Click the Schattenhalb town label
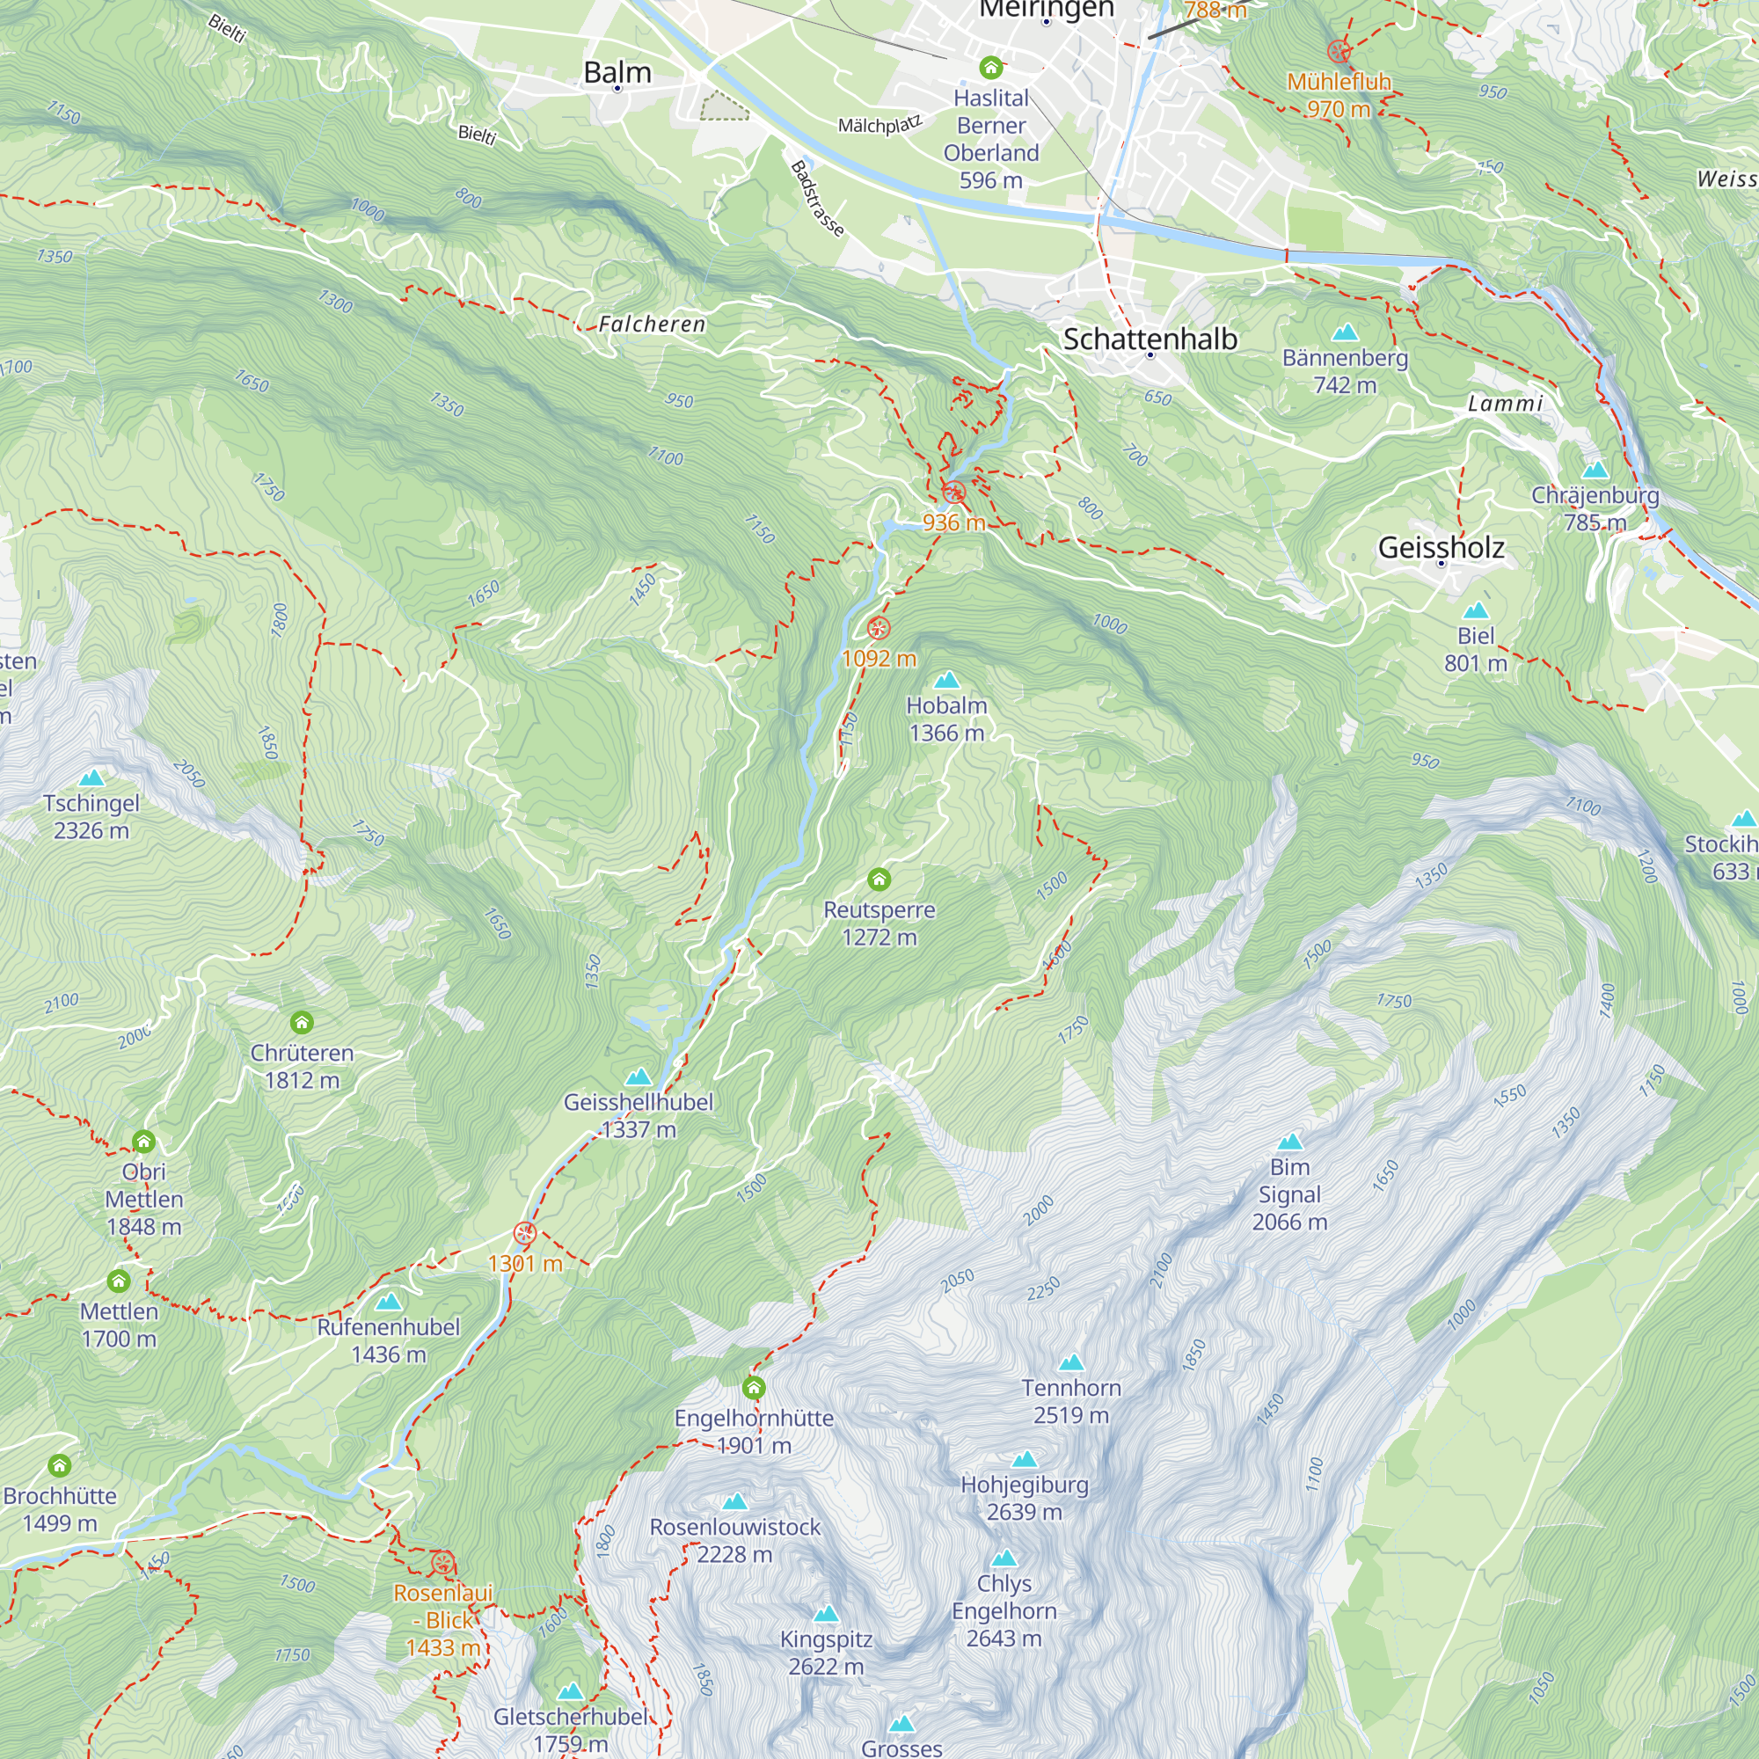1150,339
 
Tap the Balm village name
617,72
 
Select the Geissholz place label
1441,547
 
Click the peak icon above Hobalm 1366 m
947,680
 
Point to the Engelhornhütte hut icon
754,1388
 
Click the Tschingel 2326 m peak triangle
91,777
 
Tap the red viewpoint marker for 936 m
953,493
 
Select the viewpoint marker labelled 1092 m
878,628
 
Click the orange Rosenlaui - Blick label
442,1620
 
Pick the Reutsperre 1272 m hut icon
879,879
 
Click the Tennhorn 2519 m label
1070,1401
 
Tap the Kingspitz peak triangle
826,1614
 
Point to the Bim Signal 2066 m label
1289,1193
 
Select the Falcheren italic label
652,325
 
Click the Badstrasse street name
817,199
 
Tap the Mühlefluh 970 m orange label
1339,95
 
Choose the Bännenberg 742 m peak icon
1345,332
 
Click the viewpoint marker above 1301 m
524,1234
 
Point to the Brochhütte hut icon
60,1465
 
